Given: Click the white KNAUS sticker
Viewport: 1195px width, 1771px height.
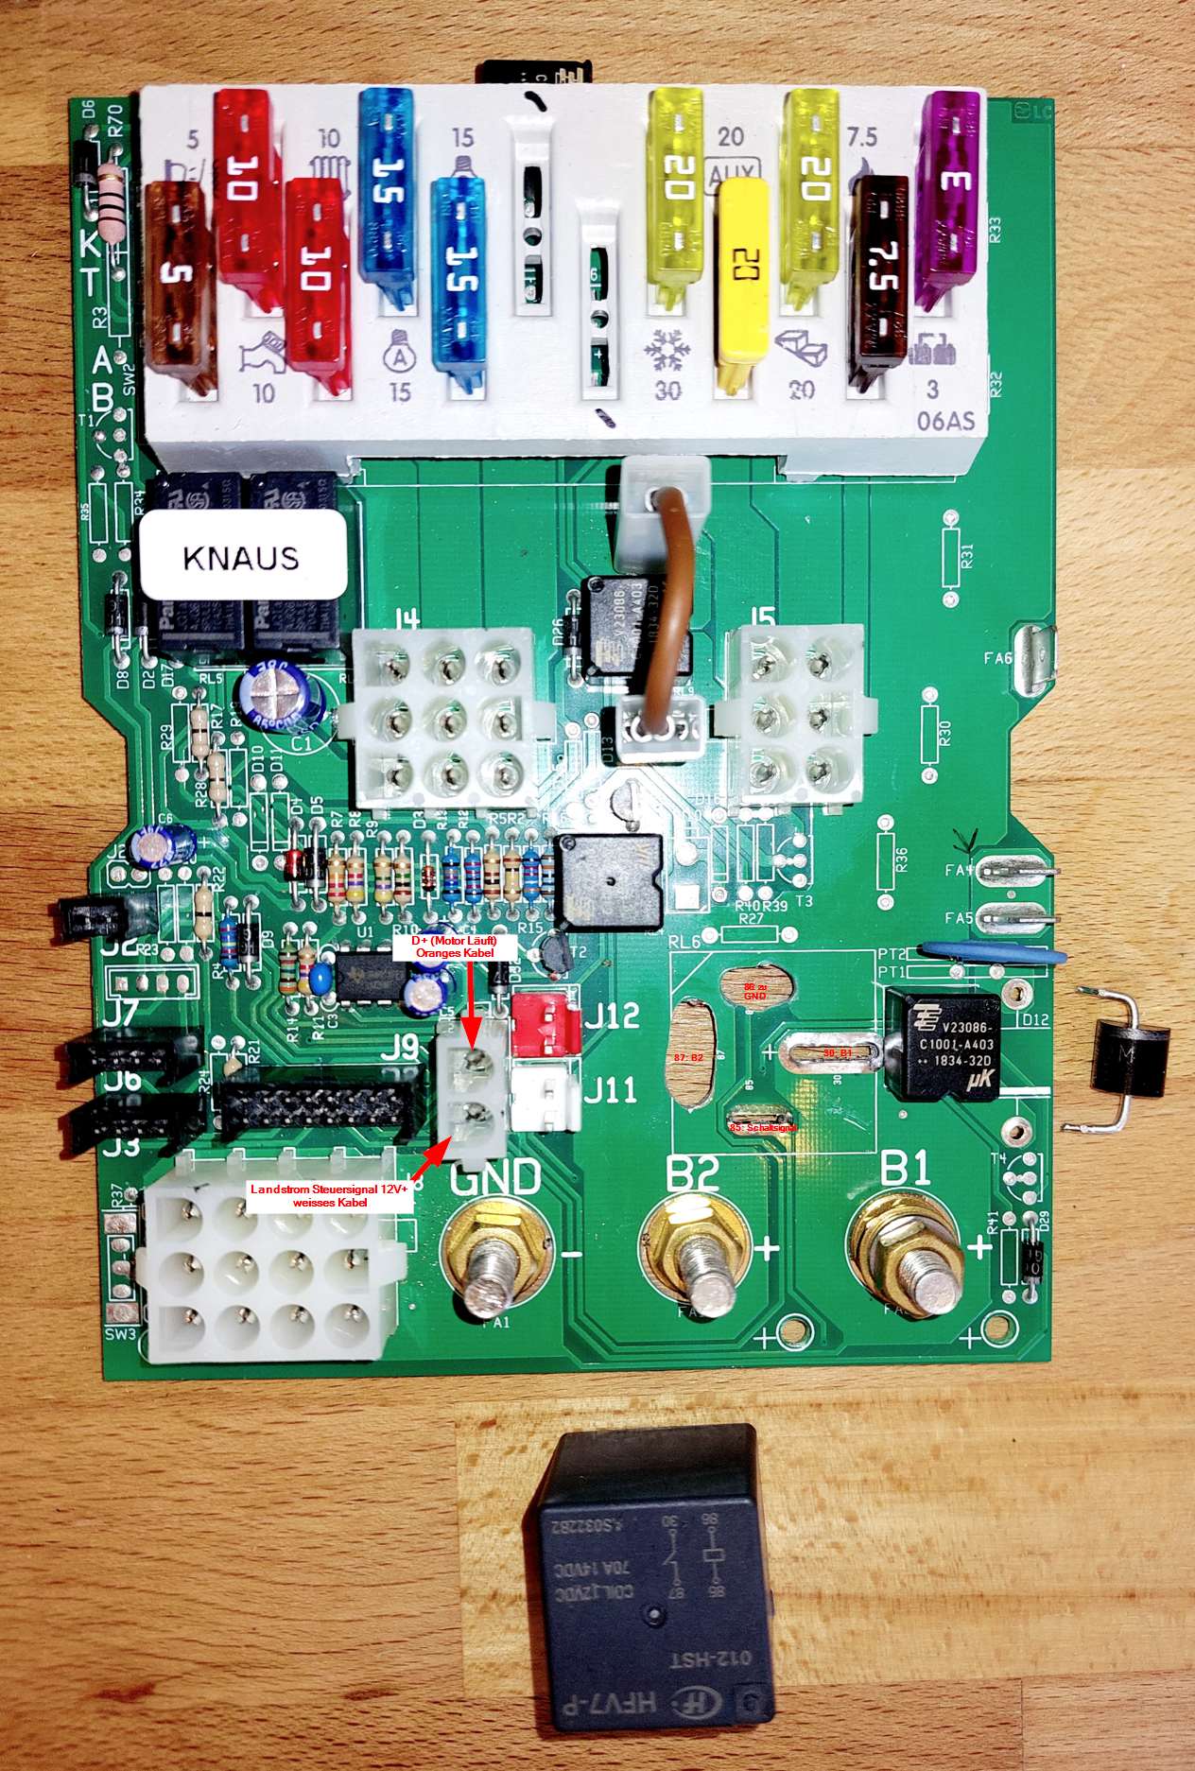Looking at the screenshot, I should pos(242,556).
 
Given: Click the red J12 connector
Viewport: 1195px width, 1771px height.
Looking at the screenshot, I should pos(545,1022).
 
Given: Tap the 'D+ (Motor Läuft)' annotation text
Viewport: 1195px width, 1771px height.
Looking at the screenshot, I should pos(454,947).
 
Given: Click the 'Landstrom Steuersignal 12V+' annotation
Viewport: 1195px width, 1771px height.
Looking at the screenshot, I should pos(328,1195).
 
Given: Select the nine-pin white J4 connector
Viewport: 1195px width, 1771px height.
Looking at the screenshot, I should pos(443,719).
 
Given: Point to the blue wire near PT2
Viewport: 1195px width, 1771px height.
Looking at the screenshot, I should pos(993,952).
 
